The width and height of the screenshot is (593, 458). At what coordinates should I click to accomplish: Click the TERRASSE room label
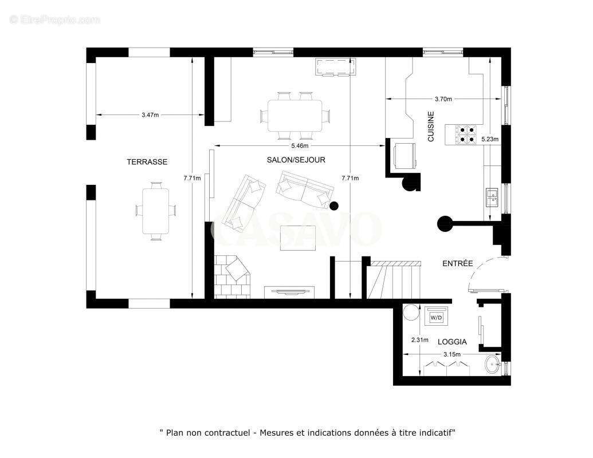coord(147,162)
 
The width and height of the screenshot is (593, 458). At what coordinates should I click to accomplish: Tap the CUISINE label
coord(431,127)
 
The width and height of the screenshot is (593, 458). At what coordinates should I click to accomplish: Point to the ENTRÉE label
coord(458,263)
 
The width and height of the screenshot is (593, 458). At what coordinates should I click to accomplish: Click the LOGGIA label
coord(452,342)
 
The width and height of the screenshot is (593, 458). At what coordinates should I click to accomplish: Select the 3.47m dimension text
coord(150,115)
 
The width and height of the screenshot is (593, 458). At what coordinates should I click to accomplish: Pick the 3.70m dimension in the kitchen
coord(443,99)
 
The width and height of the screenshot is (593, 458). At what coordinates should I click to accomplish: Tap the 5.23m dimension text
coord(490,139)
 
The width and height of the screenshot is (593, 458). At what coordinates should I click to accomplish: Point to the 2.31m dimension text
coord(420,339)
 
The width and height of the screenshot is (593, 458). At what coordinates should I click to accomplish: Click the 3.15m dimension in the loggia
coord(451,354)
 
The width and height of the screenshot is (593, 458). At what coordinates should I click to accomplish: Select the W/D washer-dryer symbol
coord(436,317)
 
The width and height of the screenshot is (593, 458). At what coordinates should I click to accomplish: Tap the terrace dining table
coord(156,210)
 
